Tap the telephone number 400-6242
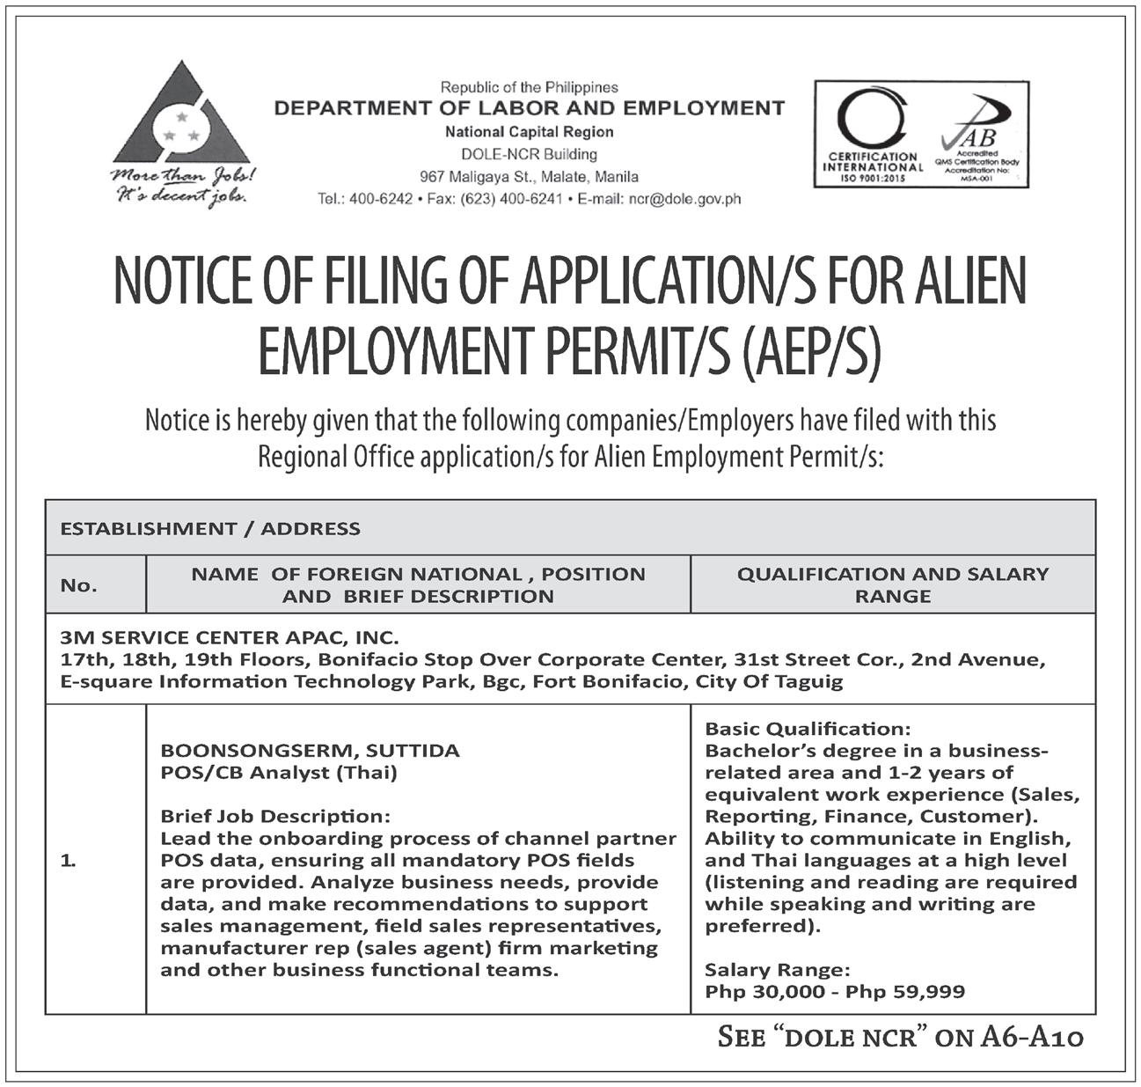(381, 199)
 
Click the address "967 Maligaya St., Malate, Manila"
(530, 177)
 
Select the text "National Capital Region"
(530, 132)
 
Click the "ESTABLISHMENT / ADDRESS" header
(210, 529)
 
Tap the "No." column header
(79, 585)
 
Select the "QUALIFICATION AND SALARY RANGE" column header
(893, 585)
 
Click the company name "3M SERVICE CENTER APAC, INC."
(229, 636)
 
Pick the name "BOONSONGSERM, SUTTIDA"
(310, 751)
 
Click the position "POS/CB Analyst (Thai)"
(279, 773)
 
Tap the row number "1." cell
(69, 863)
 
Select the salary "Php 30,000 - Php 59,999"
(835, 992)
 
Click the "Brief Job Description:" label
(274, 817)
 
